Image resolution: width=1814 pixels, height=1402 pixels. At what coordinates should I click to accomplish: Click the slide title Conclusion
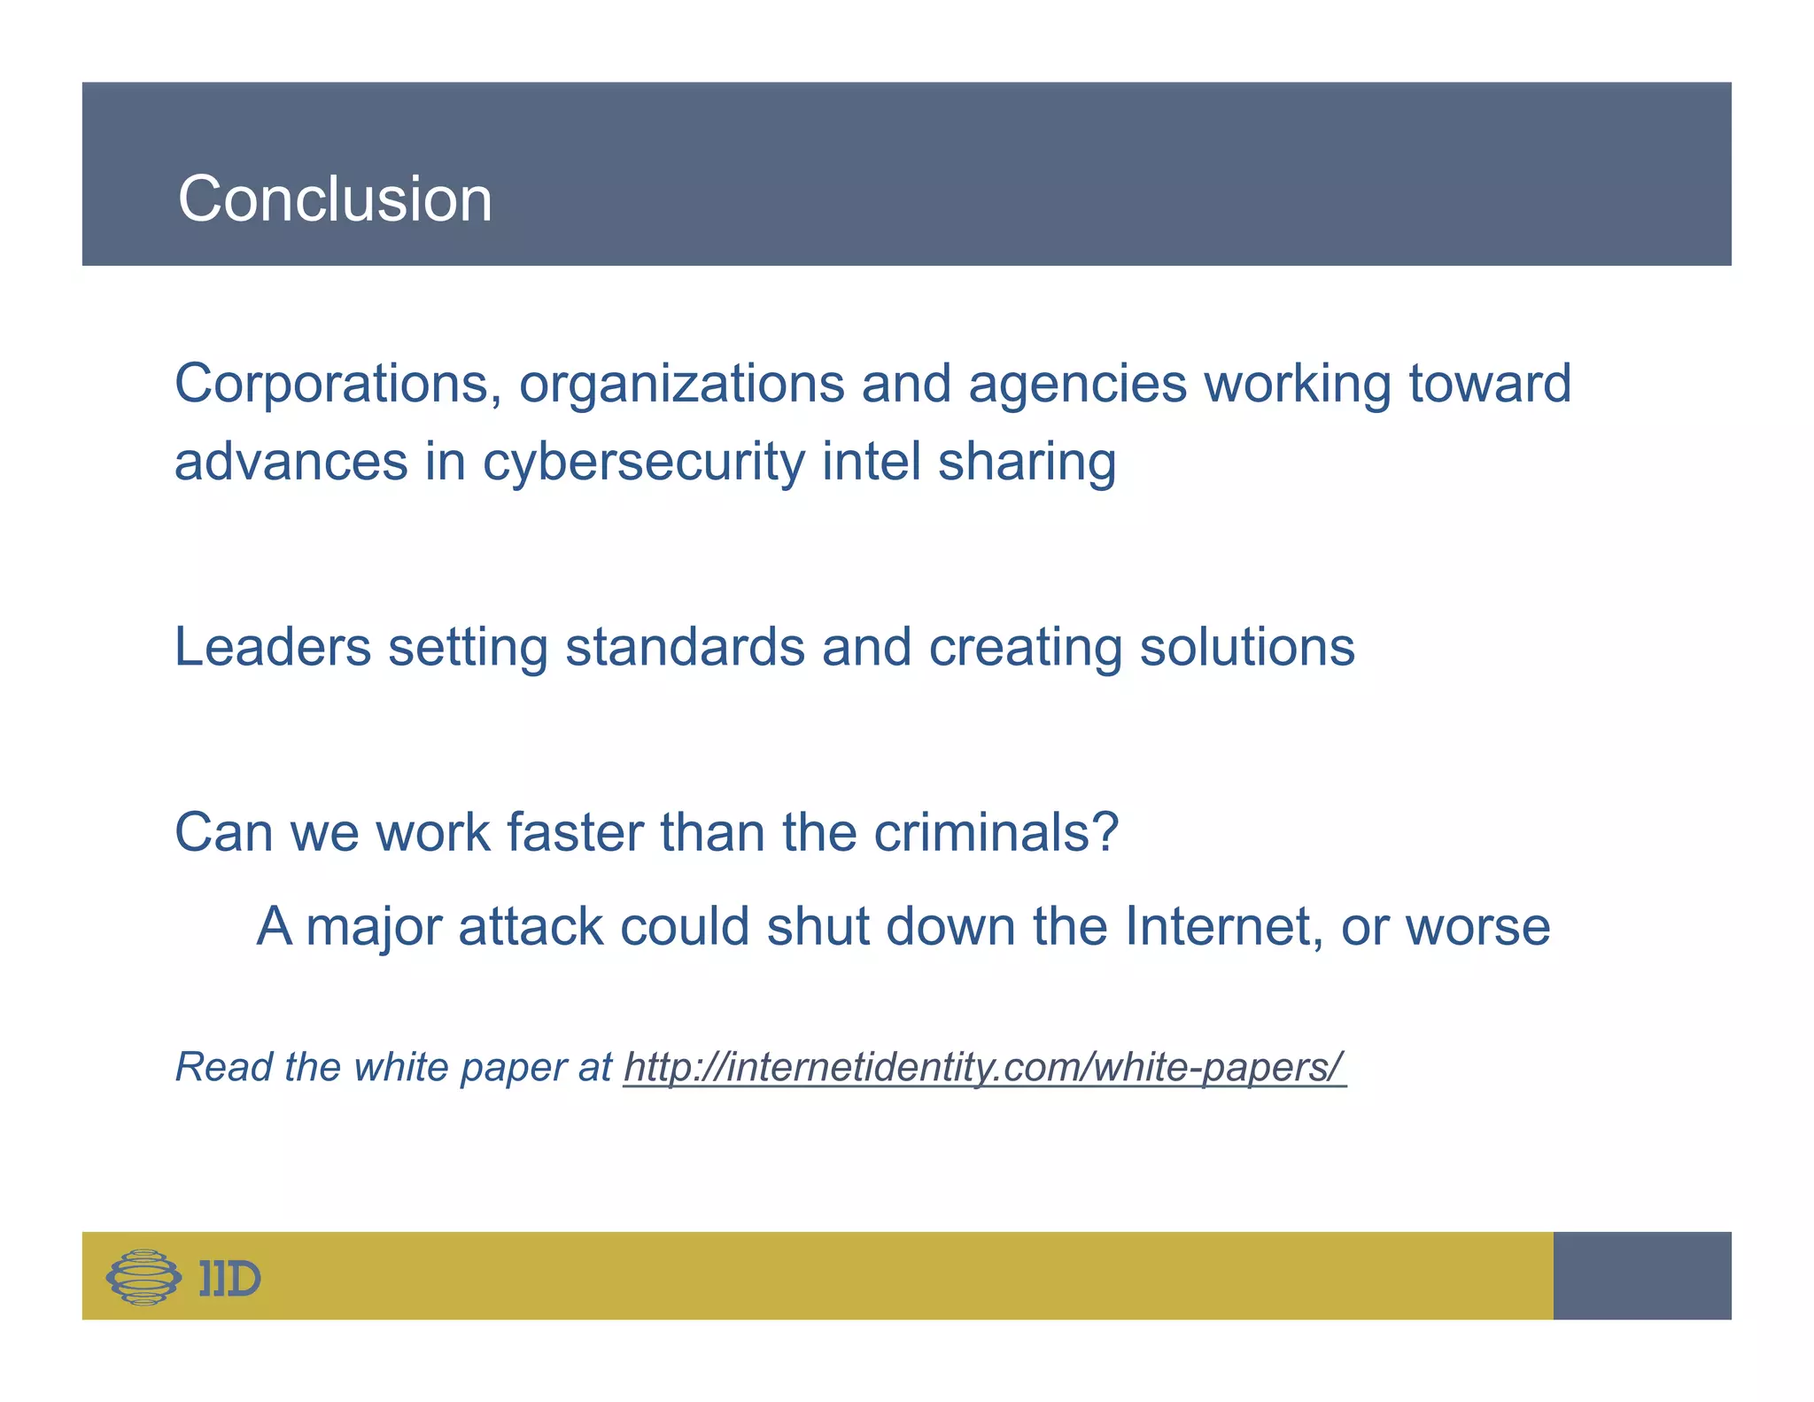335,199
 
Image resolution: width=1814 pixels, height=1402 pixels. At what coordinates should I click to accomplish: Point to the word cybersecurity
642,463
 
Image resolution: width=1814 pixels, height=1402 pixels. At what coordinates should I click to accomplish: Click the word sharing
1027,463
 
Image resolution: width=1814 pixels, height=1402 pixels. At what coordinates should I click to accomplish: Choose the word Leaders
272,646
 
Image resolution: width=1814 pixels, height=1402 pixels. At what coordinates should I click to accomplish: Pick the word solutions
1246,646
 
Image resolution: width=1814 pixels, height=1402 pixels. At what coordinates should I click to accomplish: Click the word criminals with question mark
996,832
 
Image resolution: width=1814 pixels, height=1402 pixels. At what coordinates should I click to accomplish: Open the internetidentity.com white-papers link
983,1067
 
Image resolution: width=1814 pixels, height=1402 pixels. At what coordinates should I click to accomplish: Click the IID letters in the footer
229,1278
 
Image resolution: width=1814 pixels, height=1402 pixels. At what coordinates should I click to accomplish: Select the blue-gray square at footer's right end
1641,1275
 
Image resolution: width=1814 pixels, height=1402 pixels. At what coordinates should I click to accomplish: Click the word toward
1490,384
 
